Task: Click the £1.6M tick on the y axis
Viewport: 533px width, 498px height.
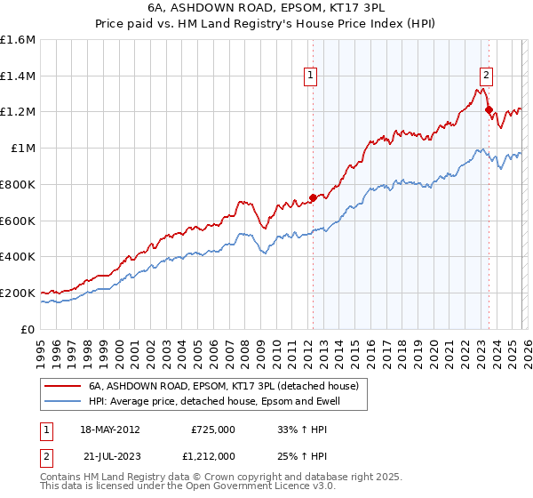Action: click(x=18, y=40)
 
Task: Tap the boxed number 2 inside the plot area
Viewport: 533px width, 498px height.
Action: click(x=488, y=76)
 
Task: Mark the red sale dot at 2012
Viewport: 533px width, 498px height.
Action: click(x=313, y=197)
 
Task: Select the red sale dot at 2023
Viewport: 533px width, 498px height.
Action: click(x=489, y=109)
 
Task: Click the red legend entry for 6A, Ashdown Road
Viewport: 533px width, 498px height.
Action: click(x=223, y=386)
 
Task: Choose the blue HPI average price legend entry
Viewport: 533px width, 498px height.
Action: click(x=214, y=402)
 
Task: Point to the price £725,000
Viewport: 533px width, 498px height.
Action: click(x=212, y=429)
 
